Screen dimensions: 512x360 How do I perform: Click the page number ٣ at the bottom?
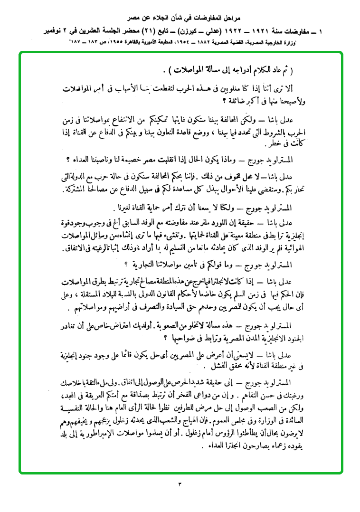point(180,484)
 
